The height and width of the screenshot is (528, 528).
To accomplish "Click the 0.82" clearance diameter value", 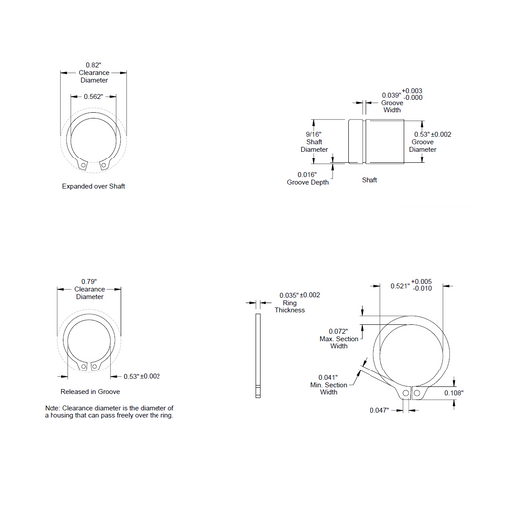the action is click(93, 65).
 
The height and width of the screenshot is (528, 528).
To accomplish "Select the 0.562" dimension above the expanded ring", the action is click(93, 97).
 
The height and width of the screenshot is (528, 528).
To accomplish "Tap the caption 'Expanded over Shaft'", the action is click(93, 186).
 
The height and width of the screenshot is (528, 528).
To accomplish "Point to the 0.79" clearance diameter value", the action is click(89, 282).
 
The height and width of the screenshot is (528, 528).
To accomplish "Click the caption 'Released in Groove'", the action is click(90, 391).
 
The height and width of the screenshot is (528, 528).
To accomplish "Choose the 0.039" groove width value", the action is click(391, 96).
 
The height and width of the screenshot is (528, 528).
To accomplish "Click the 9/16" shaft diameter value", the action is click(313, 134).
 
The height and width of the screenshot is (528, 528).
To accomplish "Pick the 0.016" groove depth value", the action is click(307, 174).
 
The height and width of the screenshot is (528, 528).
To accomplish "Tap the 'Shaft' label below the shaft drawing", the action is click(370, 180).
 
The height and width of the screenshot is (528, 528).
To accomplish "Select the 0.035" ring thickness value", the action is click(289, 295).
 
